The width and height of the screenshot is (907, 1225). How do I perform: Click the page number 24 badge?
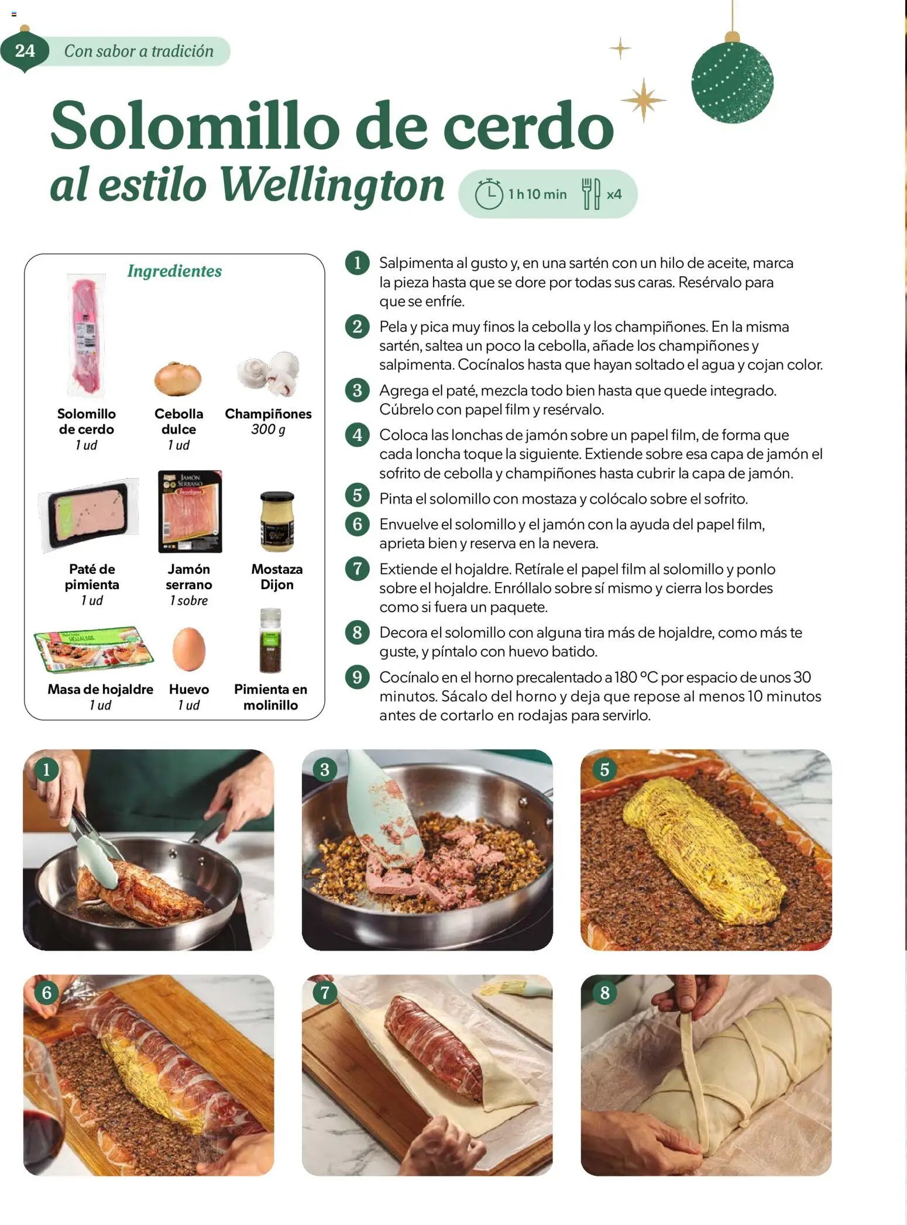click(25, 51)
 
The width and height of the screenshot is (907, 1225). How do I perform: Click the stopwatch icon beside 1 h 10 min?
click(488, 194)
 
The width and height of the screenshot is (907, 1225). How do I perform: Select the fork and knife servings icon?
click(590, 194)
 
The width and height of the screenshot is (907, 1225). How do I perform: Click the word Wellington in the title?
click(332, 185)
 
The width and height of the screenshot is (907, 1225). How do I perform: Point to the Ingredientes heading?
click(174, 271)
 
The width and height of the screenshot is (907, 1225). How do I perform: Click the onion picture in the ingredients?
click(178, 378)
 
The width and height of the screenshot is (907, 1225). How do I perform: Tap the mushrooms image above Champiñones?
click(270, 373)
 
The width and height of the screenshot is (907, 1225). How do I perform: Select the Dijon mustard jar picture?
click(277, 522)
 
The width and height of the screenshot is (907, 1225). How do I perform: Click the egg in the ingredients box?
click(188, 649)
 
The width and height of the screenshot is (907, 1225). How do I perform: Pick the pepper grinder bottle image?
click(270, 642)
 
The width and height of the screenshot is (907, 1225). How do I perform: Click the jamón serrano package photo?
click(190, 512)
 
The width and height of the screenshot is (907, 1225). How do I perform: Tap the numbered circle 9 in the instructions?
click(357, 677)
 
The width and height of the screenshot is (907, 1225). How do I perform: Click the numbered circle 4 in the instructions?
click(357, 435)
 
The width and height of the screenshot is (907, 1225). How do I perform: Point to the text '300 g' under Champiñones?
click(268, 429)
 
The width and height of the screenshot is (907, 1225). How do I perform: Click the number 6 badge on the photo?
click(47, 992)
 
